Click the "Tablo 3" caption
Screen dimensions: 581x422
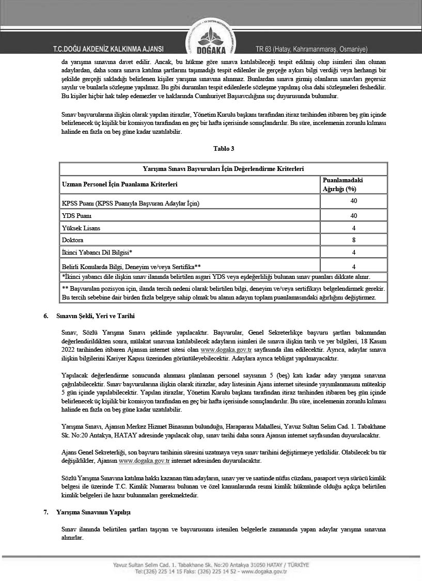(x=224, y=149)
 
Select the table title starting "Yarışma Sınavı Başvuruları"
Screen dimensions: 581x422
(x=223, y=169)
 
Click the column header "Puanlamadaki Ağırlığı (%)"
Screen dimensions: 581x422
(x=342, y=184)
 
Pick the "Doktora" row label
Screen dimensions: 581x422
(x=72, y=240)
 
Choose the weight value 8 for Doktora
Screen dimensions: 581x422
(x=354, y=240)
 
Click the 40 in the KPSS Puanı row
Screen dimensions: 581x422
(x=354, y=200)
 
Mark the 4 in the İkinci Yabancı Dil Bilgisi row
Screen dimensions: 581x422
(x=354, y=253)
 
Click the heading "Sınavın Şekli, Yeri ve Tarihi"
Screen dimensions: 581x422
(x=96, y=316)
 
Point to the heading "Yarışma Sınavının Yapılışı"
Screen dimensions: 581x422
(x=94, y=512)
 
